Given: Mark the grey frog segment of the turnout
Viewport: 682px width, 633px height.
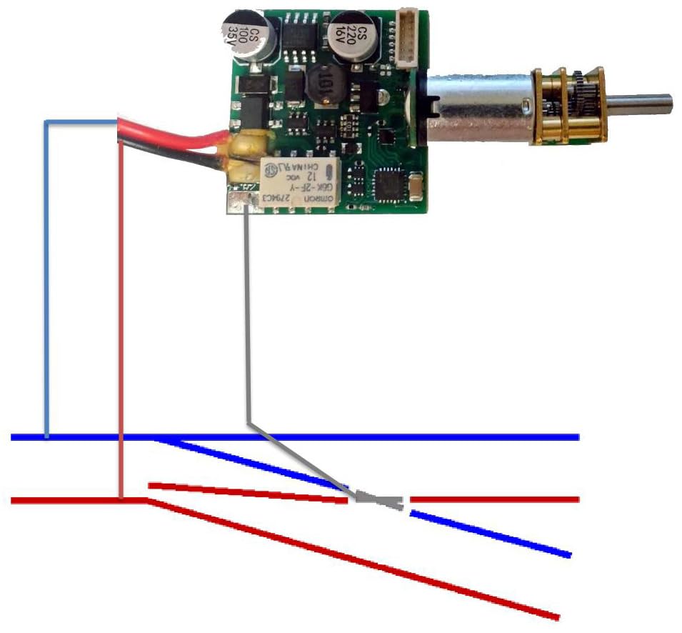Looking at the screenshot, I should click(378, 500).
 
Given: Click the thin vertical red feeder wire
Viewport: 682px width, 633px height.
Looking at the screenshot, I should click(122, 322).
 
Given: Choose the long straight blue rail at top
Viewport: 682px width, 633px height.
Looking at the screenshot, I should click(357, 437).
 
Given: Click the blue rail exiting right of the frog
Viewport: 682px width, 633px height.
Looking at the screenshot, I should click(493, 534).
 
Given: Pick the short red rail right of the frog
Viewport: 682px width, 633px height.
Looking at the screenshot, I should click(493, 499).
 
